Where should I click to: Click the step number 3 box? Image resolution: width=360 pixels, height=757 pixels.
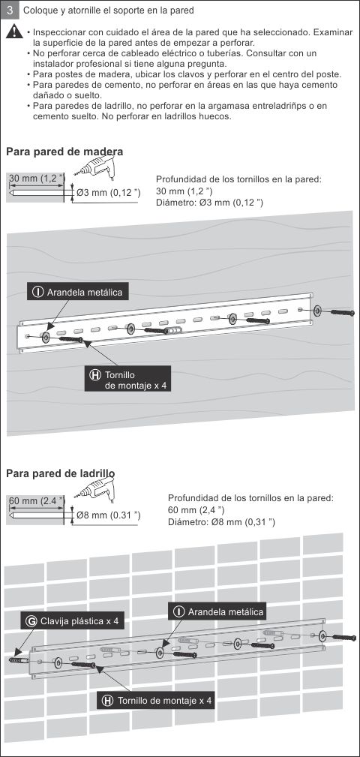[10, 10]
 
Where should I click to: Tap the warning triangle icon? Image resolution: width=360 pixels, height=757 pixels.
[14, 32]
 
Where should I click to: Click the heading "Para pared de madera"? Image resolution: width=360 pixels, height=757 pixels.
[64, 152]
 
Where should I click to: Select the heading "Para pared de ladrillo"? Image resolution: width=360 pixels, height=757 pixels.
[60, 473]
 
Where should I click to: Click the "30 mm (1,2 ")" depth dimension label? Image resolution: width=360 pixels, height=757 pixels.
[37, 179]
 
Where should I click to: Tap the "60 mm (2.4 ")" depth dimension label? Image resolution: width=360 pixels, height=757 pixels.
[37, 500]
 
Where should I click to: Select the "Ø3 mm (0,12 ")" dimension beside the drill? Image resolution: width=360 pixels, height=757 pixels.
[108, 193]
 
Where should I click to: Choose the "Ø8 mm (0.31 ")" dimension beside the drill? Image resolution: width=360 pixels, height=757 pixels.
[108, 515]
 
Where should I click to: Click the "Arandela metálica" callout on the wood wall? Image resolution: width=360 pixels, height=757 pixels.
[77, 292]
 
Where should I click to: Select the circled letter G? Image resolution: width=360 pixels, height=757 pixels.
[31, 621]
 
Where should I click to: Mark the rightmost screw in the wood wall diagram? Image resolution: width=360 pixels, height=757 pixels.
[343, 312]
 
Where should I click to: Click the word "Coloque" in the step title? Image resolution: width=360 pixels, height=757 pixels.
[39, 10]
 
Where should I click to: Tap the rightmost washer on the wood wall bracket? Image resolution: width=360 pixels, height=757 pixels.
[318, 311]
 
